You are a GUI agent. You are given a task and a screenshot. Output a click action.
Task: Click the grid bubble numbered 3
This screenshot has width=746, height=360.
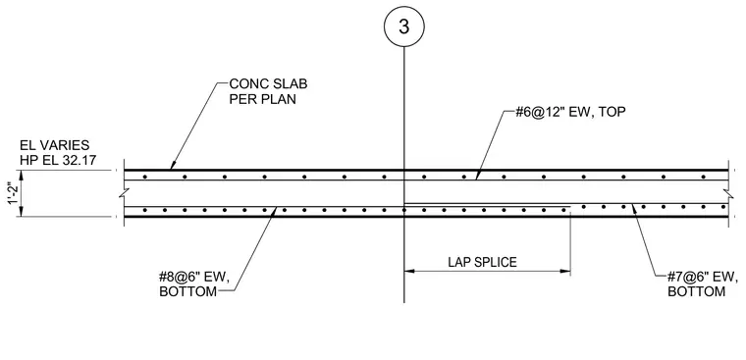click(x=404, y=26)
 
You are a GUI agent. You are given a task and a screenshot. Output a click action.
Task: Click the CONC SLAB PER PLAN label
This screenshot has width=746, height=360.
click(x=268, y=91)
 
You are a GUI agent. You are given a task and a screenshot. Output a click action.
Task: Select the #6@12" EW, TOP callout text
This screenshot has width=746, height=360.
click(x=570, y=112)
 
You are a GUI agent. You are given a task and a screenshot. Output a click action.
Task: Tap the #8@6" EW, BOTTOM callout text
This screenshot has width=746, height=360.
click(x=194, y=284)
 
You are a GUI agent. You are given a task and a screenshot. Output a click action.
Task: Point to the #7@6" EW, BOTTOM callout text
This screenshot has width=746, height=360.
click(x=703, y=284)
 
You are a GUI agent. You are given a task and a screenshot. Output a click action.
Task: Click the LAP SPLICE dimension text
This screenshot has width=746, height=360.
click(x=482, y=262)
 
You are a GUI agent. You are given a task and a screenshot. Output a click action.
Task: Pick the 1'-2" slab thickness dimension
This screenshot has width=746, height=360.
click(x=14, y=193)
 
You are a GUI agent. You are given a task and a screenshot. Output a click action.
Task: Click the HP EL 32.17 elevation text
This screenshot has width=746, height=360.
click(x=58, y=160)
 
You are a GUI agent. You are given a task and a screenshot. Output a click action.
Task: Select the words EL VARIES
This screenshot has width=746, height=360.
click(x=54, y=145)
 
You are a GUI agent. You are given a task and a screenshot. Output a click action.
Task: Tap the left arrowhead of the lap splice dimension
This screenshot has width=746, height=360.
click(x=408, y=272)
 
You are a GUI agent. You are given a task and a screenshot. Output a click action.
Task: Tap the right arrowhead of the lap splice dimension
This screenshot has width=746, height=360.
click(x=565, y=272)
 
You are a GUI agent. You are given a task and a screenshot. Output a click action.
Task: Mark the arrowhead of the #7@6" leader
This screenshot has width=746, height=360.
click(x=633, y=208)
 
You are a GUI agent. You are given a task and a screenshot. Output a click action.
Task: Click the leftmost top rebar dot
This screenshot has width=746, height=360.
click(x=144, y=177)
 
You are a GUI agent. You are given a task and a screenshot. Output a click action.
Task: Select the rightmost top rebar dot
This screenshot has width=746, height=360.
click(x=703, y=177)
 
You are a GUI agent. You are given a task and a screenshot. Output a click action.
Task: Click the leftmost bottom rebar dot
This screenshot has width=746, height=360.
click(x=144, y=210)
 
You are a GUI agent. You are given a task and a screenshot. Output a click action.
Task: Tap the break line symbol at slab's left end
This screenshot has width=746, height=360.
click(x=125, y=193)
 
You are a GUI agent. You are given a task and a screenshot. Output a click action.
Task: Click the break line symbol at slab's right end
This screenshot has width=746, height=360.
click(x=728, y=193)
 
